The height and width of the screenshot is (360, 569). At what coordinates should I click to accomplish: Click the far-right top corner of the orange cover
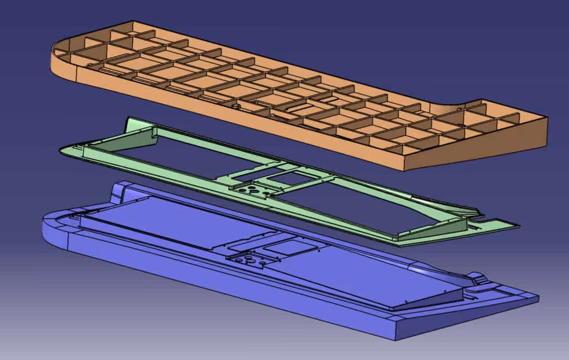(547, 118)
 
